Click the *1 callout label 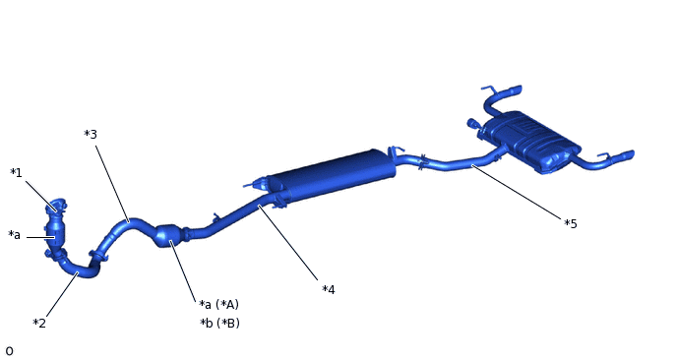pyautogui.click(x=16, y=173)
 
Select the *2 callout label pyautogui.click(x=39, y=323)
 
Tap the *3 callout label pyautogui.click(x=91, y=134)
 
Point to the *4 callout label pyautogui.click(x=329, y=289)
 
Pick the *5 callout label pyautogui.click(x=571, y=223)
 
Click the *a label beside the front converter pyautogui.click(x=14, y=235)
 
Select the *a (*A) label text pyautogui.click(x=218, y=304)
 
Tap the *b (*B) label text pyautogui.click(x=219, y=323)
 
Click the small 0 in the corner pyautogui.click(x=9, y=351)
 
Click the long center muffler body pyautogui.click(x=332, y=175)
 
